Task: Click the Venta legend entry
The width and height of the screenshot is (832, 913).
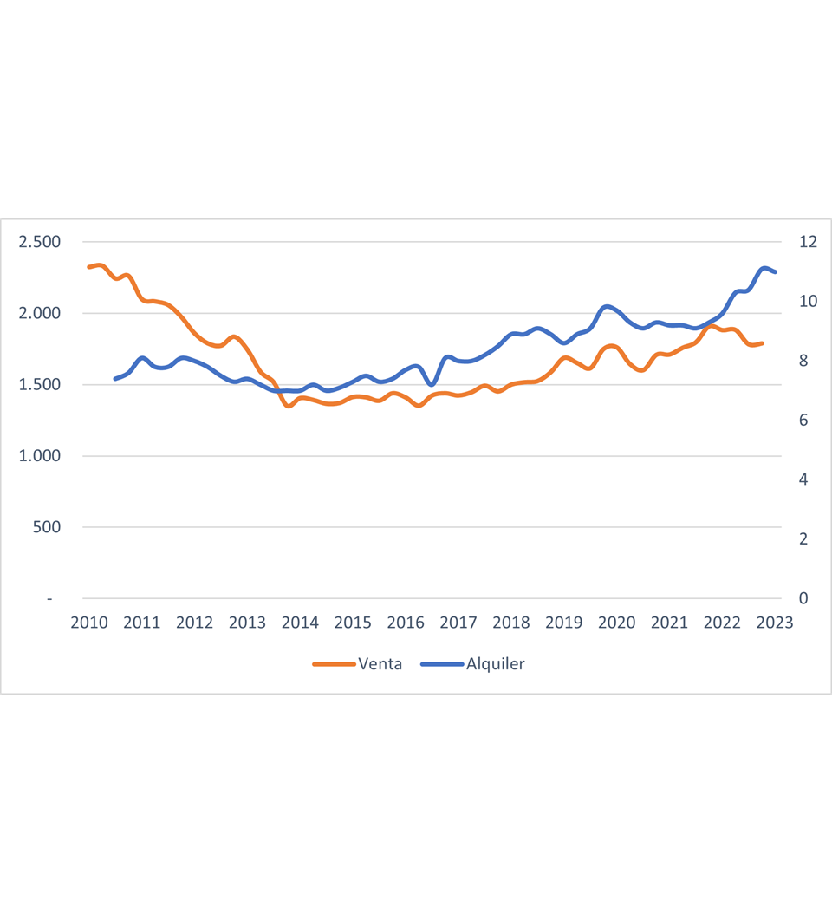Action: [358, 664]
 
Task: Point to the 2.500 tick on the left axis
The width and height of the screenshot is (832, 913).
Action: [40, 242]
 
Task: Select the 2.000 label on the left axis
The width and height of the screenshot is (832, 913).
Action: [40, 313]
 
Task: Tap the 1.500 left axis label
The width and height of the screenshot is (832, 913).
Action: [40, 384]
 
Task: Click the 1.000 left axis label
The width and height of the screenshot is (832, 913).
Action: [40, 456]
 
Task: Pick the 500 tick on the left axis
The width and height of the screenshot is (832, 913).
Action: [48, 527]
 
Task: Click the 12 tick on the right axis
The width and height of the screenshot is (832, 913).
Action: [808, 242]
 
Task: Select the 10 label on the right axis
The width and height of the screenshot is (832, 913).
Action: [808, 302]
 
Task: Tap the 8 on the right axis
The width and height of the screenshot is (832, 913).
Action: [803, 361]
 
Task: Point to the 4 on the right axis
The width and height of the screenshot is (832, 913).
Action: [803, 479]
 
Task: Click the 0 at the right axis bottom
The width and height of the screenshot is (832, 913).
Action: [803, 598]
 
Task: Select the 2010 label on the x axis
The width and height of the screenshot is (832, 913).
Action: [89, 623]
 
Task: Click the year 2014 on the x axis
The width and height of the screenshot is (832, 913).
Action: [300, 623]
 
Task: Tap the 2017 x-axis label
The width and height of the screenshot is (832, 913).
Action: [458, 623]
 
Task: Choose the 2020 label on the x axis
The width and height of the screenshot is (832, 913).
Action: [616, 623]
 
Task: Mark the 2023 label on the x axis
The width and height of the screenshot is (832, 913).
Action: [775, 623]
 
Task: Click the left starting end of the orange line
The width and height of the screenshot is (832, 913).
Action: [89, 267]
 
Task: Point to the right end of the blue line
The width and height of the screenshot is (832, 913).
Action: [775, 272]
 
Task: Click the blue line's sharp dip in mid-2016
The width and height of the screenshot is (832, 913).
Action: [432, 384]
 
